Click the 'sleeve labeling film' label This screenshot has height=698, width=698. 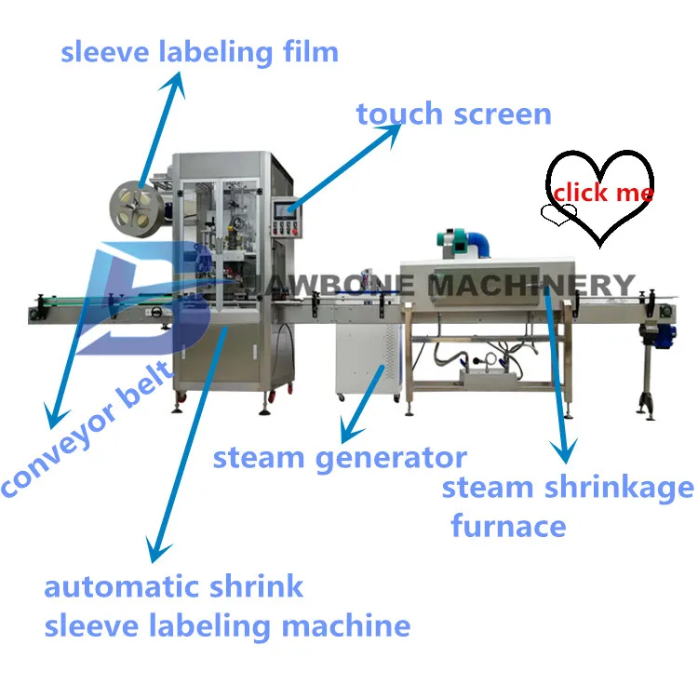(x=199, y=51)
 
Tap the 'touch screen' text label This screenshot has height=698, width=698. (x=453, y=114)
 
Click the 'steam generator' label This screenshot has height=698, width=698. (x=340, y=458)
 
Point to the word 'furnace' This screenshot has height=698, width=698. (x=508, y=526)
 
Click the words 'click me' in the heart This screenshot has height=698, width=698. (x=602, y=193)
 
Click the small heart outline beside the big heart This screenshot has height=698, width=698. (x=558, y=216)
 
